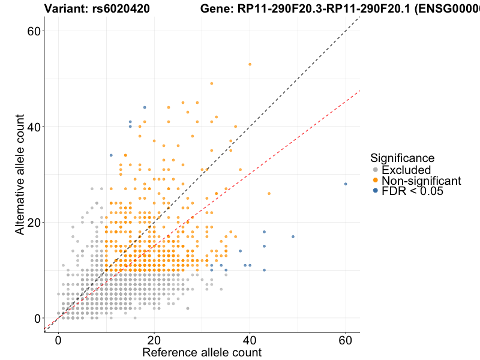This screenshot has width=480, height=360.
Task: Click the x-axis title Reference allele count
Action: [202, 352]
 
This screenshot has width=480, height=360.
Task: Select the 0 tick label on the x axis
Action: [58, 339]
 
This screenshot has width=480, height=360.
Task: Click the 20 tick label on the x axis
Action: [154, 339]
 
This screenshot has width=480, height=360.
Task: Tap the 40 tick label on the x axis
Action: [250, 339]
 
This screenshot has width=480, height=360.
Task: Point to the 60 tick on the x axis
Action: [346, 339]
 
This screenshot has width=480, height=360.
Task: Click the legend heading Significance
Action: [402, 158]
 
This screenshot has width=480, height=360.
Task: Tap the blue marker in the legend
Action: [375, 191]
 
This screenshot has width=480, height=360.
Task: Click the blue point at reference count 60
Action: [346, 184]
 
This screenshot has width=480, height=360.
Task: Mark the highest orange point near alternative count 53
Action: [250, 64]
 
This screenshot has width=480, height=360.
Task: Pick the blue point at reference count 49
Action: [293, 236]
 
